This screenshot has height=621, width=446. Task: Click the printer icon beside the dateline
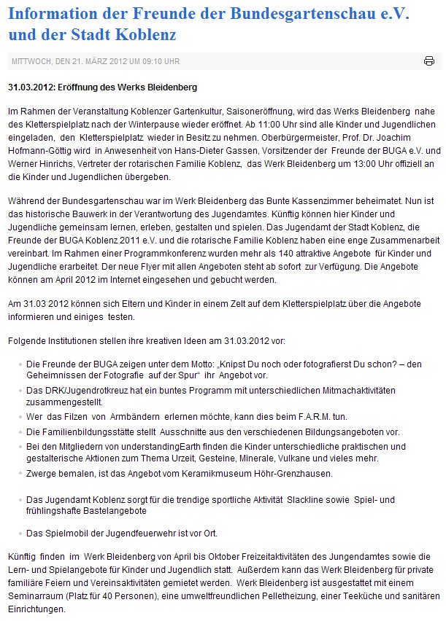[x=429, y=60]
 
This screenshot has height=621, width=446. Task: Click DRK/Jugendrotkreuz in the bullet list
[x=81, y=389]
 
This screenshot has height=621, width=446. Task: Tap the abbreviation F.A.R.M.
[x=297, y=415]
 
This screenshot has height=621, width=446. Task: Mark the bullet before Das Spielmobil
[x=19, y=533]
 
